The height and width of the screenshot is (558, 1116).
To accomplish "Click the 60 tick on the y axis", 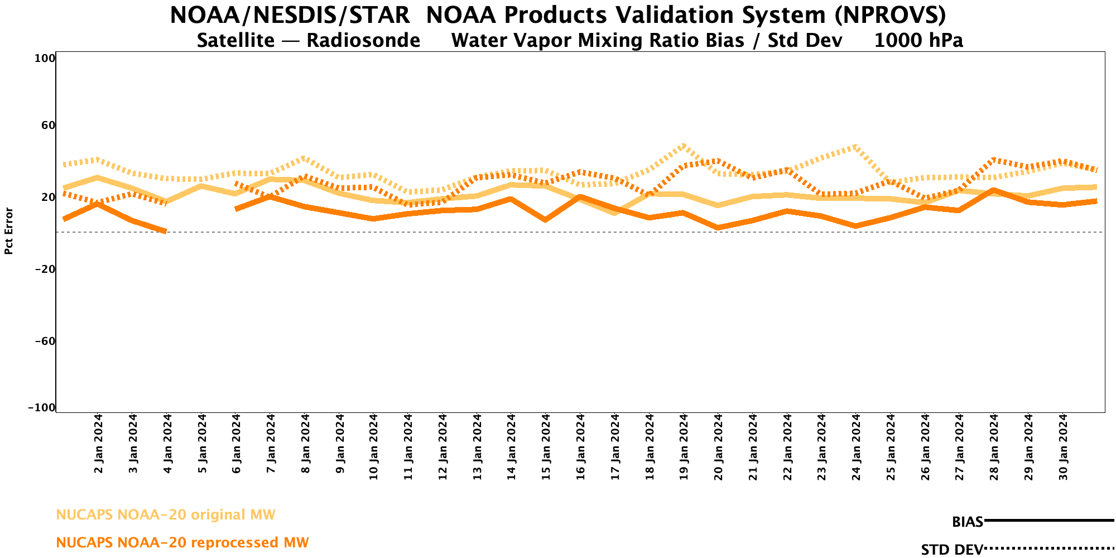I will coord(48,125).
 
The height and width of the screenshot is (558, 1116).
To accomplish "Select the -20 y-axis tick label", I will coord(44,269).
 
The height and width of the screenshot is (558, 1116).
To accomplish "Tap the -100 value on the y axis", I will coord(42,408).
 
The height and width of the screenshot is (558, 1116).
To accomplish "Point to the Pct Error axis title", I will coord(9,231).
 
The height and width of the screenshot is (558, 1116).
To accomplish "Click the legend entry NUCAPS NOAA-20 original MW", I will coord(166,514).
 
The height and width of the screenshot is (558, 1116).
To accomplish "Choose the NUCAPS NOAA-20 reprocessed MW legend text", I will coord(182,542).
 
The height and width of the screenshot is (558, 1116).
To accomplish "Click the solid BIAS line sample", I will coord(1049,521).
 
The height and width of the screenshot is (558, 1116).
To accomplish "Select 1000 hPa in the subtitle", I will coord(918,41).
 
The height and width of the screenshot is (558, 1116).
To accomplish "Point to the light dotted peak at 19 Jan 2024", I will coord(682,146).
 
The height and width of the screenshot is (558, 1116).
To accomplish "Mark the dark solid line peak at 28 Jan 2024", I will coord(994,190).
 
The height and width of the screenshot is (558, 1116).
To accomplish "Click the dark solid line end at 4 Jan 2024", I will coord(165,230).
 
